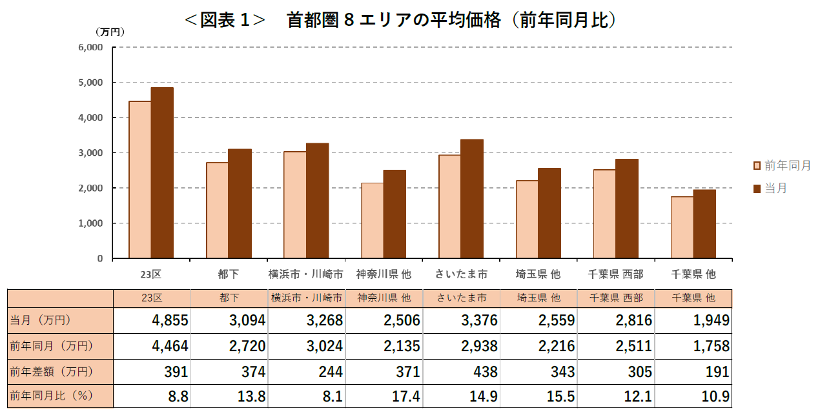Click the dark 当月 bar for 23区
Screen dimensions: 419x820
pyautogui.click(x=162, y=173)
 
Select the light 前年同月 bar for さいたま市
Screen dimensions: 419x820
pyautogui.click(x=449, y=207)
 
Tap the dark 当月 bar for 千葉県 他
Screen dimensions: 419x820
pyautogui.click(x=704, y=224)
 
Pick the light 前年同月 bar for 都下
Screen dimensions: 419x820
pyautogui.click(x=217, y=210)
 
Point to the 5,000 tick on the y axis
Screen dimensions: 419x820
pyautogui.click(x=90, y=83)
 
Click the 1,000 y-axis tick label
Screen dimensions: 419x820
pyautogui.click(x=90, y=223)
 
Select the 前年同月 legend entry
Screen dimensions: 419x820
pyautogui.click(x=782, y=166)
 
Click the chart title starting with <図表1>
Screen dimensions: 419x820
pyautogui.click(x=400, y=20)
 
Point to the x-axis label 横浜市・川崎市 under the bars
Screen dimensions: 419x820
pyautogui.click(x=306, y=274)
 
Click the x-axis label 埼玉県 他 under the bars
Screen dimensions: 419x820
pyautogui.click(x=538, y=274)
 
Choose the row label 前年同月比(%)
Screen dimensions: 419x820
pyautogui.click(x=52, y=396)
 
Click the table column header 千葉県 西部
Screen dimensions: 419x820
pyautogui.click(x=616, y=298)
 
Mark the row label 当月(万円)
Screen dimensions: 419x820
pyautogui.click(x=40, y=320)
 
